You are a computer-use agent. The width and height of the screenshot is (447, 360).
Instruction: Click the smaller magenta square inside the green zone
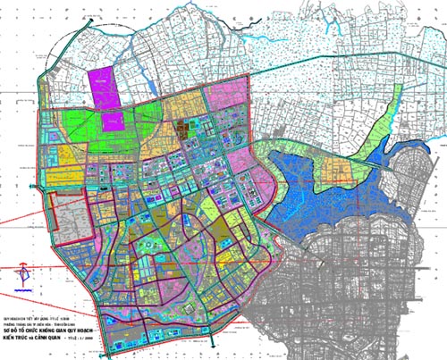point(113,121)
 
